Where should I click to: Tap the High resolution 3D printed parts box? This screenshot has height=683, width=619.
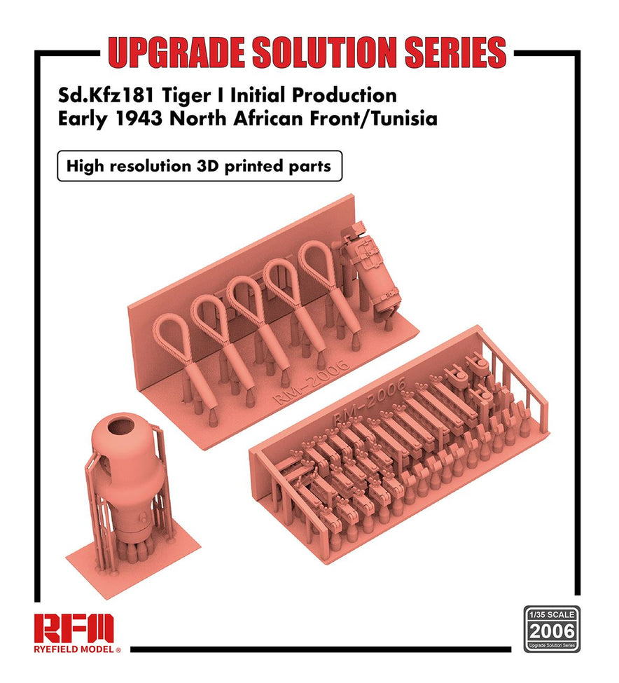[x=199, y=167]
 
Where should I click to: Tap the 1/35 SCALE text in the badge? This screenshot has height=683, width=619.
[x=552, y=612]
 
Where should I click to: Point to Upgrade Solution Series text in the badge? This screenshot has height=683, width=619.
[x=552, y=644]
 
